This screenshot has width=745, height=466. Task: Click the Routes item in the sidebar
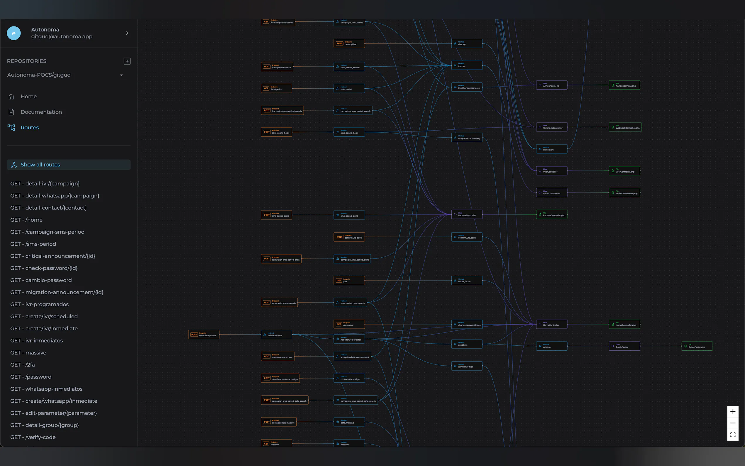coord(30,128)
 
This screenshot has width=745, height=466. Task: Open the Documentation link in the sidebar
coord(41,112)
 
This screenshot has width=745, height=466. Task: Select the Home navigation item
coord(28,97)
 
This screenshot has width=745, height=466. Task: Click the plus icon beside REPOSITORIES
coord(127,61)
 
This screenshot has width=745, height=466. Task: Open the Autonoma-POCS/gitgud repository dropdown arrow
coord(121,75)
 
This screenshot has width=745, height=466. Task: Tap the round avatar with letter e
coord(14,33)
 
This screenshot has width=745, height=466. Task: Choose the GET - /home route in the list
coord(26,220)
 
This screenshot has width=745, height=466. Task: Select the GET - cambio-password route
coord(41,280)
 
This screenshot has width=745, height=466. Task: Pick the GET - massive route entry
coord(28,353)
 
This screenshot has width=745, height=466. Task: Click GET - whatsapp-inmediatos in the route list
coord(47,389)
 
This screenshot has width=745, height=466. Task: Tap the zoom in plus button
coord(733,411)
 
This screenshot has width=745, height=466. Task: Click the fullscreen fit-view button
coord(733,435)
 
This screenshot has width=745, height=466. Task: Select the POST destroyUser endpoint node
coord(349,43)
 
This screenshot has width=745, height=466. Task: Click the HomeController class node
coord(551,324)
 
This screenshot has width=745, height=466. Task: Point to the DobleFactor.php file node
coord(697,346)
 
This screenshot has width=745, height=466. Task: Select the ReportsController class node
coord(467,215)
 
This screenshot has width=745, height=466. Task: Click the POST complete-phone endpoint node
coord(204,335)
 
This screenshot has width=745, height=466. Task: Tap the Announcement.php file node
coord(624,85)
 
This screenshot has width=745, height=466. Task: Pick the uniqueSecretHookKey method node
coord(467,137)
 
